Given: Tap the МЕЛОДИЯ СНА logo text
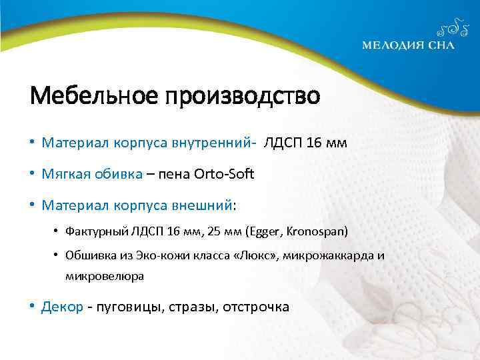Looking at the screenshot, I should [408, 45].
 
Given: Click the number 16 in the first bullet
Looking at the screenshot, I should [313, 142].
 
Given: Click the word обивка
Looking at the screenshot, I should [117, 175].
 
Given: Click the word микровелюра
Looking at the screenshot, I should [104, 275].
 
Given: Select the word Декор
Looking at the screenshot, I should [62, 307].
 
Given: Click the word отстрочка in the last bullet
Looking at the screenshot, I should [257, 307].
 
